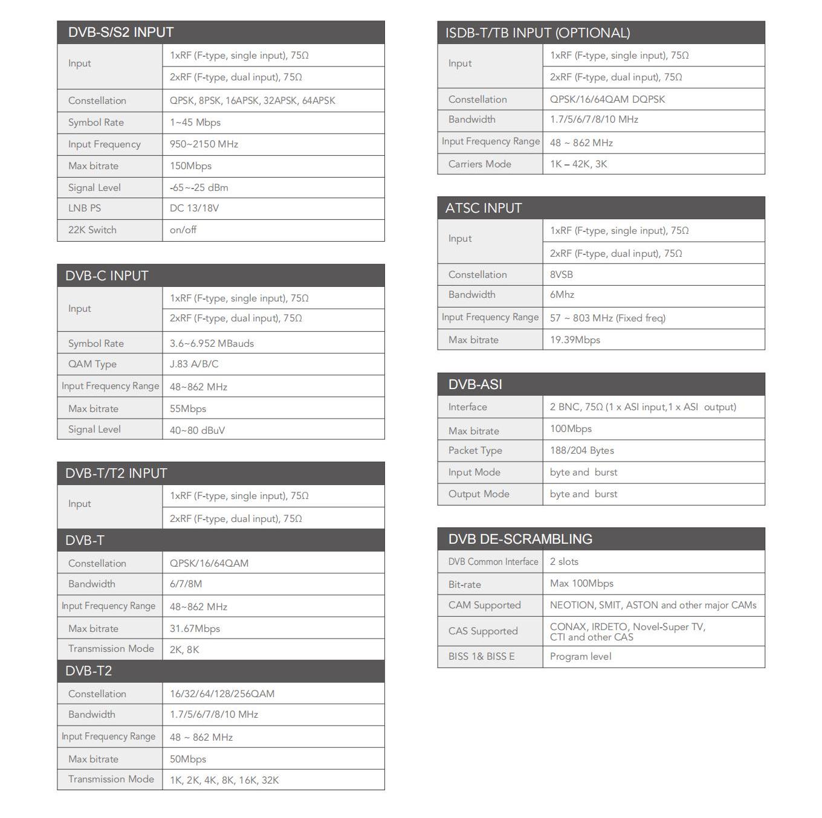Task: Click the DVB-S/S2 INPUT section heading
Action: tap(121, 33)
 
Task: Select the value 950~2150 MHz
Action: tap(204, 144)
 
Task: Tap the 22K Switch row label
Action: tap(92, 230)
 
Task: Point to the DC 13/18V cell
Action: tap(194, 208)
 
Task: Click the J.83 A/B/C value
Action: tap(194, 364)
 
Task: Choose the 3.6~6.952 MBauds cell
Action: tap(212, 344)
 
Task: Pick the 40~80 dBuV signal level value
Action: tap(197, 430)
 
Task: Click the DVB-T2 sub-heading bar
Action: tap(89, 671)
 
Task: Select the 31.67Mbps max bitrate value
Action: tap(195, 629)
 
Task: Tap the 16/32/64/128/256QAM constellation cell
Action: tap(222, 694)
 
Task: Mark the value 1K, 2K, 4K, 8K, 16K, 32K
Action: tap(224, 781)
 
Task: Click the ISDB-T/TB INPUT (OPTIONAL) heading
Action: tap(537, 33)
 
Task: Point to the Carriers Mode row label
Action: tap(480, 164)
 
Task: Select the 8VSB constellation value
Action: tap(561, 275)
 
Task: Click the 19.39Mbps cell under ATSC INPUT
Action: tap(575, 340)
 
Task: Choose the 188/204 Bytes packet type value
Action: tap(581, 451)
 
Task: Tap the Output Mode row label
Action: tap(479, 494)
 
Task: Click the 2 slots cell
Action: tap(564, 562)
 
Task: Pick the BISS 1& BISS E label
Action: tap(481, 657)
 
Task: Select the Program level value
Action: tap(580, 657)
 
